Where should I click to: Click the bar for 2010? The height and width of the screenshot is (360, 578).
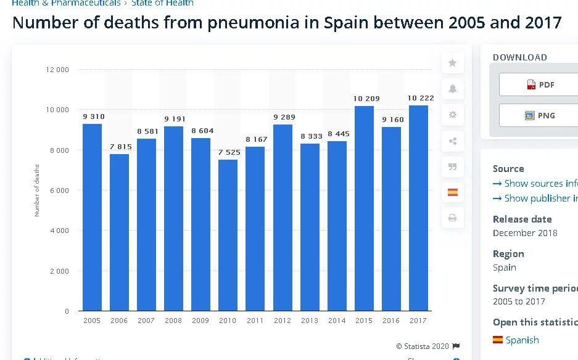point(228,235)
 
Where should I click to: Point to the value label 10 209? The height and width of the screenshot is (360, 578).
point(366,99)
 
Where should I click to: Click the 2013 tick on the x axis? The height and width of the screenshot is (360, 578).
point(310,321)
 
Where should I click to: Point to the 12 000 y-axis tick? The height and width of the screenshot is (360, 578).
point(57,70)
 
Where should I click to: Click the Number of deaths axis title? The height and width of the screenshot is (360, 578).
point(37,190)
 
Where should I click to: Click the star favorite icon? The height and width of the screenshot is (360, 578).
point(452,63)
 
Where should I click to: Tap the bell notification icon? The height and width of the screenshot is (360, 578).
point(452,89)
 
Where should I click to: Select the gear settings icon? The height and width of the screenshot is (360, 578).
point(452,115)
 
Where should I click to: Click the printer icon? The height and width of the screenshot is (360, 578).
point(452,218)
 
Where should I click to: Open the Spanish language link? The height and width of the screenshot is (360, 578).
point(522,340)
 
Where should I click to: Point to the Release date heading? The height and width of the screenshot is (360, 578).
point(522,219)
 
